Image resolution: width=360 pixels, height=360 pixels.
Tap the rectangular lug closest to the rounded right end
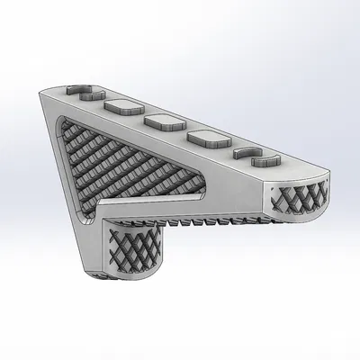(203, 139)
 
